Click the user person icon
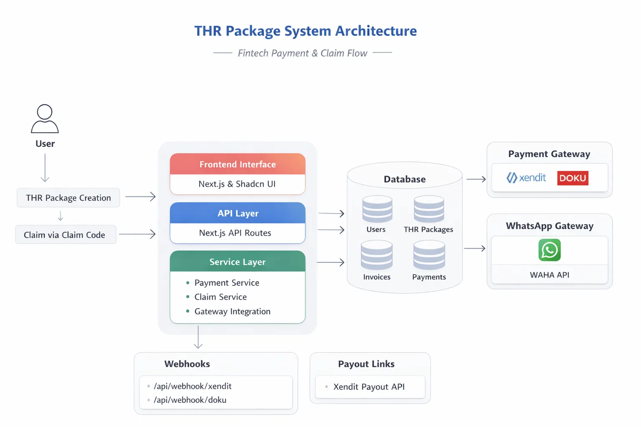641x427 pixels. [x=45, y=119]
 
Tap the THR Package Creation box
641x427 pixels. [x=68, y=198]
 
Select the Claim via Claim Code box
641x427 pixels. [x=66, y=235]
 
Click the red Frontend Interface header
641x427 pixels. [x=237, y=164]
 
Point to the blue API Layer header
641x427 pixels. [x=237, y=213]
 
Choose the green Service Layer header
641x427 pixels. [x=237, y=262]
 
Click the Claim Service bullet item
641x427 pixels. [x=220, y=297]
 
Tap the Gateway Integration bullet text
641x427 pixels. [x=232, y=311]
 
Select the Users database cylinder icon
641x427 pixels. [x=377, y=209]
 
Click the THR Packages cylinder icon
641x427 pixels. [x=429, y=209]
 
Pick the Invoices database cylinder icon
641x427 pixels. [x=376, y=255]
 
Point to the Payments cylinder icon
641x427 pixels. [x=429, y=255]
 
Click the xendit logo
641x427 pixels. [x=526, y=178]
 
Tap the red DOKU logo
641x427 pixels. [x=573, y=178]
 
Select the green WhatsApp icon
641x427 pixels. [x=549, y=250]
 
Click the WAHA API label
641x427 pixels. [x=549, y=275]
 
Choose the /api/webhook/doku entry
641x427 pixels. [x=190, y=400]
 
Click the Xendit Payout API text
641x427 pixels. [x=369, y=387]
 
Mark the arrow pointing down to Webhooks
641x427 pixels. [x=198, y=337]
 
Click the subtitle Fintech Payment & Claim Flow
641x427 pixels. [x=302, y=53]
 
